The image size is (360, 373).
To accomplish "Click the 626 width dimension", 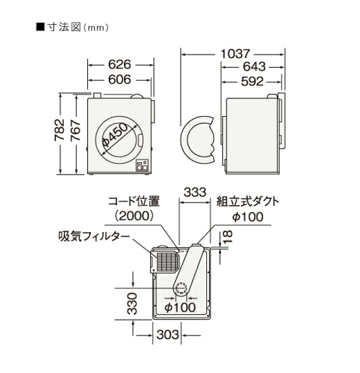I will coord(120,65).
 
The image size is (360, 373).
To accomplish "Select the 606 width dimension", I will coord(120,80).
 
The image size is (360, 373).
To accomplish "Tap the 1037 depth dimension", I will coord(232,53).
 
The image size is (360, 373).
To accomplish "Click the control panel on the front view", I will coord(143,166).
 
